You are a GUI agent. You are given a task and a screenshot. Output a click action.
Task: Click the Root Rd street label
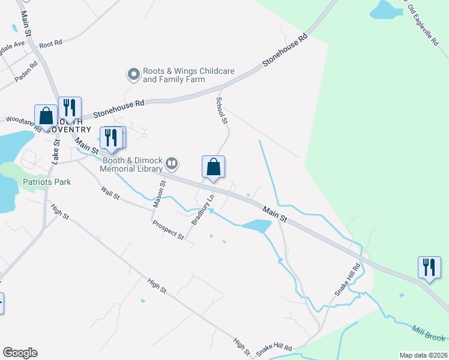[x=50, y=44]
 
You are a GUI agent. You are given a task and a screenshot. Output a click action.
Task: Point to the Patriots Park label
[x=47, y=182]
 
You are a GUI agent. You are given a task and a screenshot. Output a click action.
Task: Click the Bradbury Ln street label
[x=202, y=209]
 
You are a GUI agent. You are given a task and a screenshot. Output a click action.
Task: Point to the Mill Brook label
[x=428, y=332]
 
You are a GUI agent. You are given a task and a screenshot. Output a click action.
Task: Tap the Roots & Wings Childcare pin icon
[x=133, y=74]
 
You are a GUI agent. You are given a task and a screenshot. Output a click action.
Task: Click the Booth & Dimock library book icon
[x=172, y=163]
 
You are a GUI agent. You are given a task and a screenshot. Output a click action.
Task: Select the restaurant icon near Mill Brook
[x=429, y=266]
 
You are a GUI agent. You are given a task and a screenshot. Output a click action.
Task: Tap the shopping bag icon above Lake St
[x=46, y=115]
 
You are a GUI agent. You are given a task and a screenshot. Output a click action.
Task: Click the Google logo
[x=20, y=353]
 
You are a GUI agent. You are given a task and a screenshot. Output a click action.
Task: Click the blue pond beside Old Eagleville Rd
[x=387, y=10]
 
